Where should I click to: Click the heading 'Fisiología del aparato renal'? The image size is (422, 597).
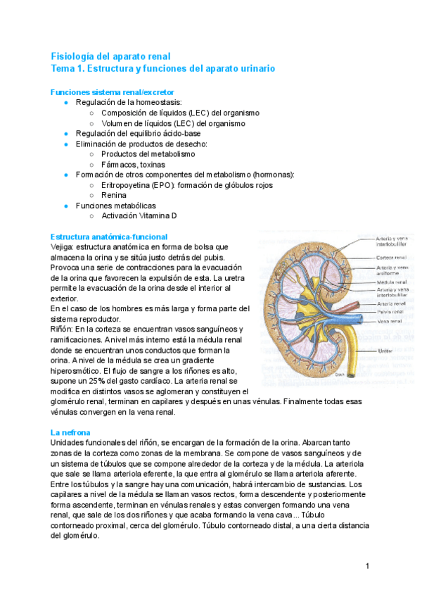click(x=110, y=56)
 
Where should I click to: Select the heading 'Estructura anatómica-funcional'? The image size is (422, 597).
click(x=109, y=237)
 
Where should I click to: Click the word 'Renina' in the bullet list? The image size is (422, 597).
click(x=114, y=195)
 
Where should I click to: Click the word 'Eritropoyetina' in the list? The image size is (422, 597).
click(x=128, y=184)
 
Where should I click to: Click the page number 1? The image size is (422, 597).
click(x=367, y=566)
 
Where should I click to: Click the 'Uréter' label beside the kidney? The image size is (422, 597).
click(x=385, y=349)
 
